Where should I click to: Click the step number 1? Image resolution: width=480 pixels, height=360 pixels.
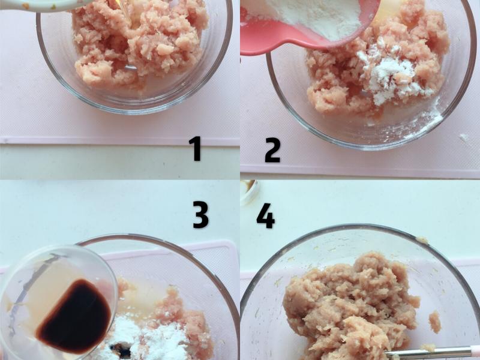click(x=196, y=149)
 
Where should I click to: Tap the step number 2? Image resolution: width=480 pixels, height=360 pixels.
click(x=272, y=150)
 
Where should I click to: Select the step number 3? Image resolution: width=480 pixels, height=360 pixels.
click(x=201, y=214)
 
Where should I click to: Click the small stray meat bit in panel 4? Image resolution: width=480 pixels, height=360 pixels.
click(x=434, y=322)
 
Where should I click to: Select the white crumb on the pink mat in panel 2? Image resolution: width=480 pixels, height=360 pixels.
click(x=464, y=137)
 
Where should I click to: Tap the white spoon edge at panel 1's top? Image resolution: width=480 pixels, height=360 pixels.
click(x=46, y=5)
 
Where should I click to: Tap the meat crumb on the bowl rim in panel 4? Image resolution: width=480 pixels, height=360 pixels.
click(x=422, y=240)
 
